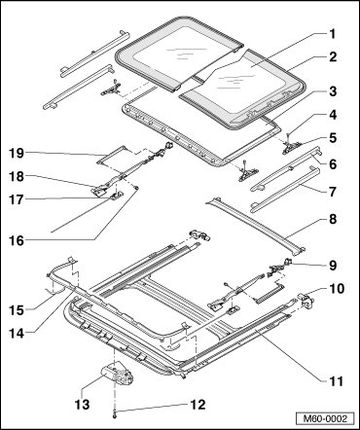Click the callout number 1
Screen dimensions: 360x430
[x=332, y=34]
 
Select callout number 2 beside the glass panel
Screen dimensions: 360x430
[x=332, y=57]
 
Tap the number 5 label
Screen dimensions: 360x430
[x=332, y=138]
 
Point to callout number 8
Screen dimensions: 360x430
[x=332, y=219]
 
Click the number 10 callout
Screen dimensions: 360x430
[x=336, y=288]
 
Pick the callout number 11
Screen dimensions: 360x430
[x=336, y=381]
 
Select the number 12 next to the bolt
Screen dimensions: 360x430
[x=198, y=405]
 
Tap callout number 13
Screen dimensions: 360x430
[x=82, y=405]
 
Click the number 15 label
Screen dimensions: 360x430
[x=17, y=310]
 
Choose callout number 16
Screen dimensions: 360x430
[x=17, y=240]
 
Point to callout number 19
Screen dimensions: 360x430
[x=17, y=153]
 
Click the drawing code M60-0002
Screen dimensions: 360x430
[x=324, y=418]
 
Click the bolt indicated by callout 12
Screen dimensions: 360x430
[x=115, y=413]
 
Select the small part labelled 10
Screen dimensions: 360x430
[x=305, y=299]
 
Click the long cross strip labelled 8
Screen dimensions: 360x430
[x=256, y=226]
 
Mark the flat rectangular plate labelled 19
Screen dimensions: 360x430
[x=112, y=155]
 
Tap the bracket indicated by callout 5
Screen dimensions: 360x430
[x=293, y=149]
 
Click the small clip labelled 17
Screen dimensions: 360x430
[x=117, y=196]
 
